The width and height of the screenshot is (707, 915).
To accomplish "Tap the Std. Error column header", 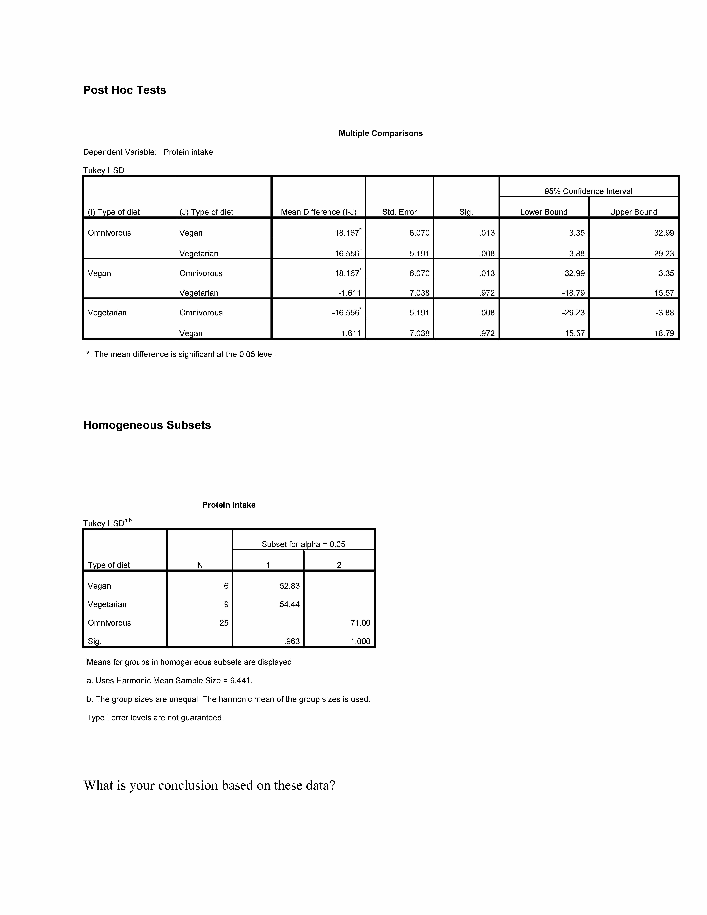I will [x=399, y=212].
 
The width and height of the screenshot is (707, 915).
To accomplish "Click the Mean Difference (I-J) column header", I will [x=318, y=212].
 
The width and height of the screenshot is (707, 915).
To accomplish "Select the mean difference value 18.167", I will [x=347, y=233].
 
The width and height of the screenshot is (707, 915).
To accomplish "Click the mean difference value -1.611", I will [x=349, y=293].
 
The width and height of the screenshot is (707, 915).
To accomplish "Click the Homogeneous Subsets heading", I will [x=147, y=425].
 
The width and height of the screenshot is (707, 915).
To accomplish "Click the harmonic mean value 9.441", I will [x=240, y=681].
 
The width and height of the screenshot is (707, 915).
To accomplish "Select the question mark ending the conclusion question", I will [x=332, y=785].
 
